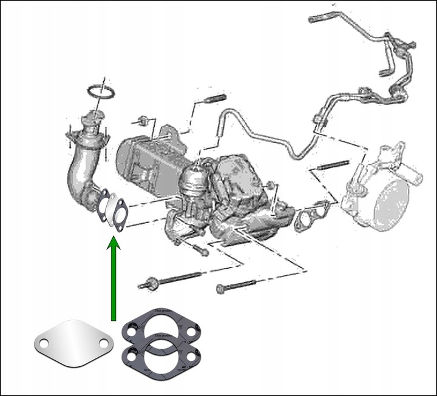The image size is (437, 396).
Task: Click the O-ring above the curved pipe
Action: click(101, 92)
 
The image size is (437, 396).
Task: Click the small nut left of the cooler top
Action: click(144, 119)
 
